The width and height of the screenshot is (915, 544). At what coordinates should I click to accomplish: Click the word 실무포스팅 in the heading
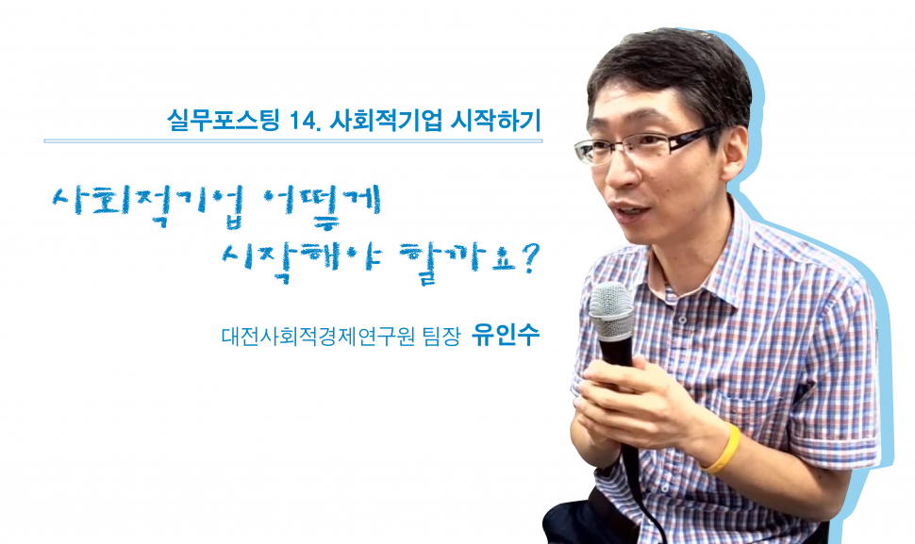point(224,120)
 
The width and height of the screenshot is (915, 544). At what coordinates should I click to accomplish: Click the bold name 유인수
point(506,336)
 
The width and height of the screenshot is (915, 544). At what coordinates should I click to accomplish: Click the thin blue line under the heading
point(293,140)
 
